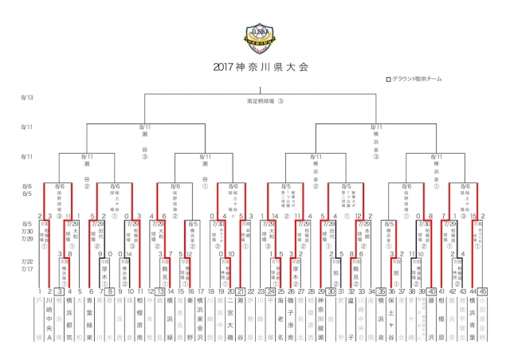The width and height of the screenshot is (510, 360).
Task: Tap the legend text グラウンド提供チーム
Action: coord(417,80)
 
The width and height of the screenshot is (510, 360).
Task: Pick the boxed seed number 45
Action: coord(483,292)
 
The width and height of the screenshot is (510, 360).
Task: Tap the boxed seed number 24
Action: coord(271,292)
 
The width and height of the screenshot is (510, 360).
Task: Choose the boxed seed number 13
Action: coord(160,292)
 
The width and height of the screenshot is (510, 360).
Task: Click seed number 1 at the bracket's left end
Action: coord(39,292)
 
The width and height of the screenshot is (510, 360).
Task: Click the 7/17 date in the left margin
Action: coord(27,270)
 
